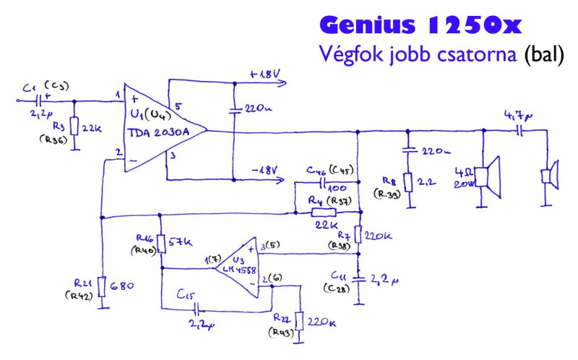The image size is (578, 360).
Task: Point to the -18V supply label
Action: point(263,170)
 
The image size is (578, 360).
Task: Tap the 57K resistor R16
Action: point(160,241)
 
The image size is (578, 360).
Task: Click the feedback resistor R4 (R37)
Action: point(323,213)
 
